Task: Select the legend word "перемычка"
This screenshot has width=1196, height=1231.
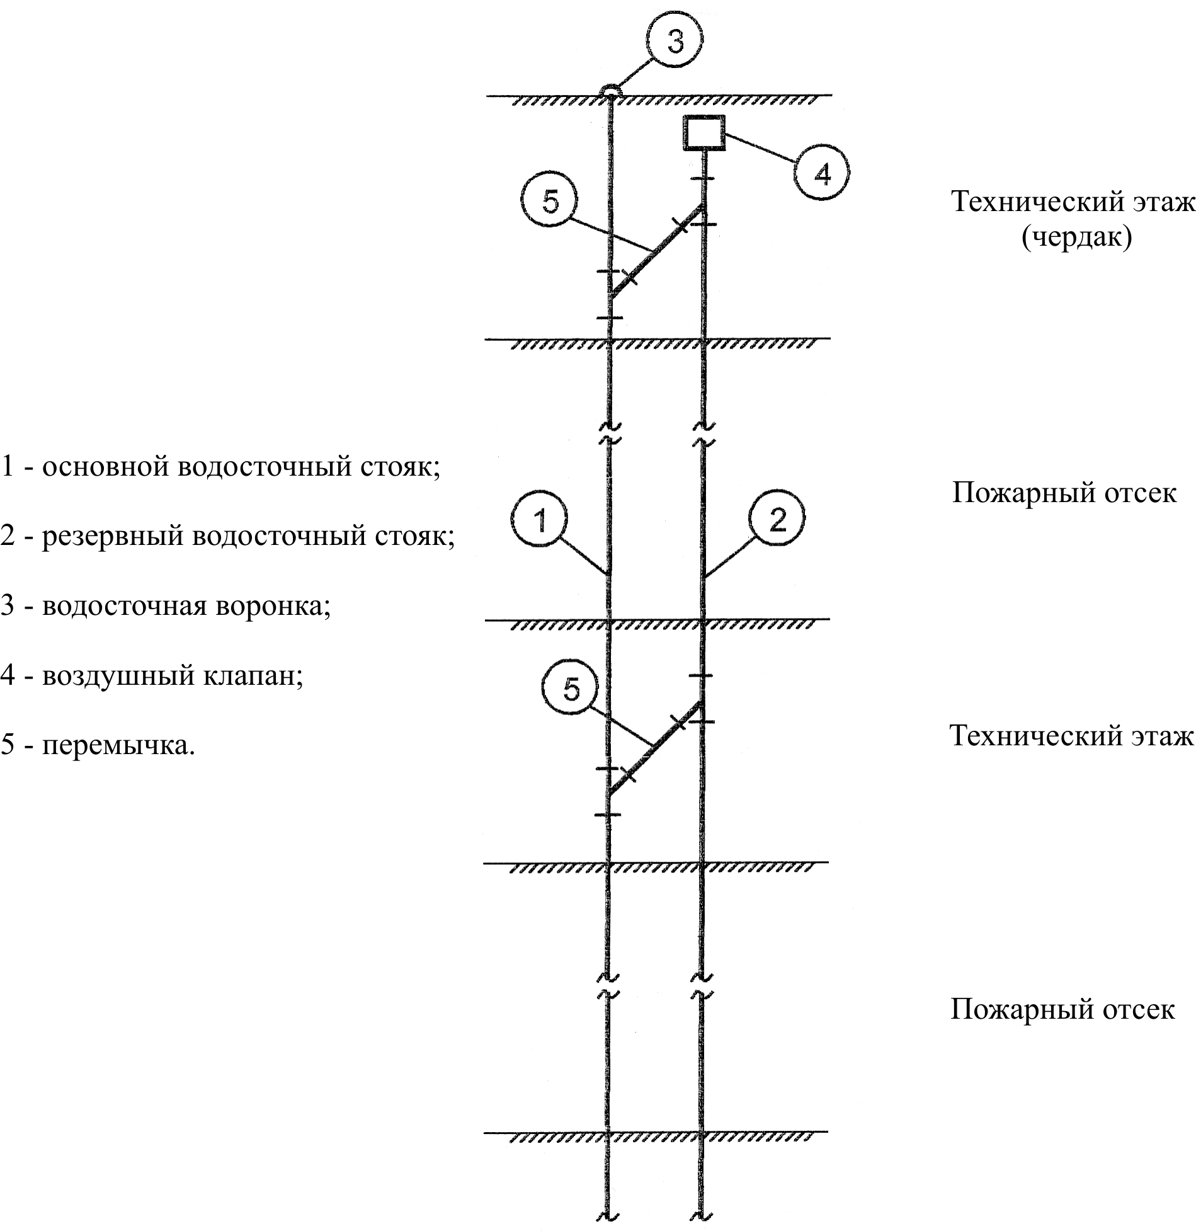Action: tap(118, 746)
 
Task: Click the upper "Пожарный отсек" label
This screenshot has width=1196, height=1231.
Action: tap(1064, 492)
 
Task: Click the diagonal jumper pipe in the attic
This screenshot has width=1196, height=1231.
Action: tap(656, 251)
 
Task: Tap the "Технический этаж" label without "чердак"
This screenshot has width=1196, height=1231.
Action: tap(1071, 736)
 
